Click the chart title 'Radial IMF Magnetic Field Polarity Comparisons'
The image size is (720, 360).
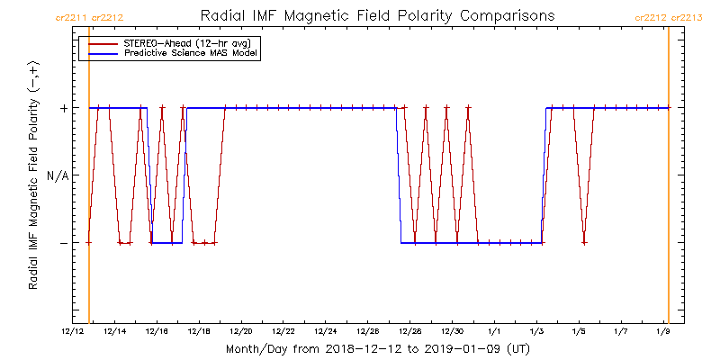coord(378,16)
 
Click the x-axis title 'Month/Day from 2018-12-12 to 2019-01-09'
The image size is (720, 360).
coord(378,348)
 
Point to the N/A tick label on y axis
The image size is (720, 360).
coord(57,175)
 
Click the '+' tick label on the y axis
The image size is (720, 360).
coord(64,108)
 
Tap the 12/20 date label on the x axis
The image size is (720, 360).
coord(242,331)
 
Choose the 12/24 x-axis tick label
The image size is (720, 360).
coord(327,331)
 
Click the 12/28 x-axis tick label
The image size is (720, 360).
coord(410,331)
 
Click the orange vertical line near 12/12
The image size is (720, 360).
coord(89,180)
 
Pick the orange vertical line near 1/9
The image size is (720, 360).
coord(668,180)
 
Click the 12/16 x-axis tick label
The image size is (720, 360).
coord(157,331)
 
